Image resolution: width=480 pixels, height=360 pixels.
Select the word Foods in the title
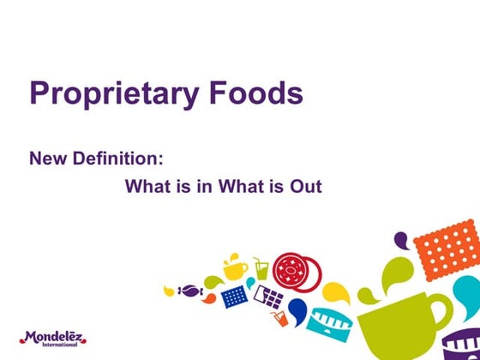click(256, 93)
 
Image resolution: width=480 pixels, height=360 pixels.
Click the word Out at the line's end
click(307, 185)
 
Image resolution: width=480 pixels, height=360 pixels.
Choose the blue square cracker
click(234, 297)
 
